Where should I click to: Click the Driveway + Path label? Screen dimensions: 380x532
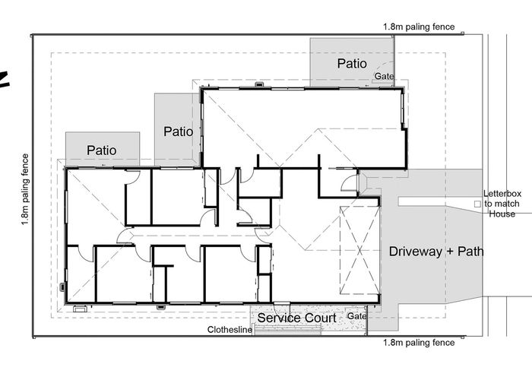pos(436,251)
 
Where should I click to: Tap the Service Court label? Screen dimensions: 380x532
pos(296,318)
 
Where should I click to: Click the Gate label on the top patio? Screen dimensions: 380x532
pos(384,77)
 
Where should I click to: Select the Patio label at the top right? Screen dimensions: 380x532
pos(352,63)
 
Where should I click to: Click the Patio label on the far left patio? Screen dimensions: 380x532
pos(101,150)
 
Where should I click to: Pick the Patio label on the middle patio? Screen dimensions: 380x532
pos(179,131)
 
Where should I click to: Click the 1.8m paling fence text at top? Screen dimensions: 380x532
pos(419,27)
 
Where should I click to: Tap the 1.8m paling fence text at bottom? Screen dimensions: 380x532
pos(419,343)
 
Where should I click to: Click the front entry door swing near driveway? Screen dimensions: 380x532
pos(350,182)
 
